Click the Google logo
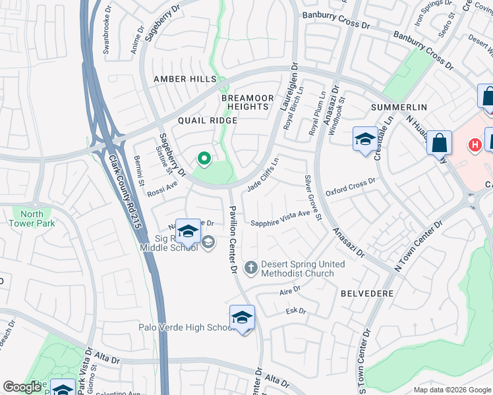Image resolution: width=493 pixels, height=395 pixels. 22,387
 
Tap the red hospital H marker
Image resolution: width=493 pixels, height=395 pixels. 474,144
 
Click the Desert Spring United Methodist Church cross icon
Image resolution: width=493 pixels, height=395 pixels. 250,267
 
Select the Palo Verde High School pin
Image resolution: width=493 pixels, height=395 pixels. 242,319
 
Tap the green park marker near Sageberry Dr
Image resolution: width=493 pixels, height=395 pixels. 204,158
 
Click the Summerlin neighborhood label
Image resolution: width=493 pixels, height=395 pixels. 399,107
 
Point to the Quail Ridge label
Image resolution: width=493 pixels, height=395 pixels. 207,120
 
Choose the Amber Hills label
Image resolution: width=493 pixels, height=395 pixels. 185,79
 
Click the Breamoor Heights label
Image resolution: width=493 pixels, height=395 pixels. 245,101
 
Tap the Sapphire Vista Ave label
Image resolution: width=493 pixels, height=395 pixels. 280,218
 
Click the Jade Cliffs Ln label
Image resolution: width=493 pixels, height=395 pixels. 263,176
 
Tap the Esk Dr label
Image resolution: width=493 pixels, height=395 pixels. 296,311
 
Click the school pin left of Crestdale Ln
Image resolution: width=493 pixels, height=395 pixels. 365,140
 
